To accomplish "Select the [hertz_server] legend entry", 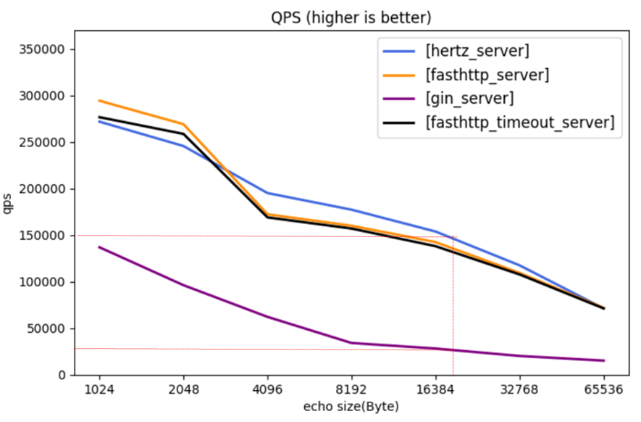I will click(x=478, y=51).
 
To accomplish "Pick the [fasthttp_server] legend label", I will click(x=487, y=75).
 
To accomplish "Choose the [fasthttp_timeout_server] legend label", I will click(x=520, y=123).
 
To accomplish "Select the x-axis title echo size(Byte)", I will click(x=351, y=407).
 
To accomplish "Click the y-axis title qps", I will click(x=9, y=204).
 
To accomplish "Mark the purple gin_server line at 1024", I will click(x=99, y=247).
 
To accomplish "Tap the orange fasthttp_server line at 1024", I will click(x=99, y=101).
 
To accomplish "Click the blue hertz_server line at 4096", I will click(x=267, y=193).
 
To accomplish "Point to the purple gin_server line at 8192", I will click(x=351, y=343).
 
